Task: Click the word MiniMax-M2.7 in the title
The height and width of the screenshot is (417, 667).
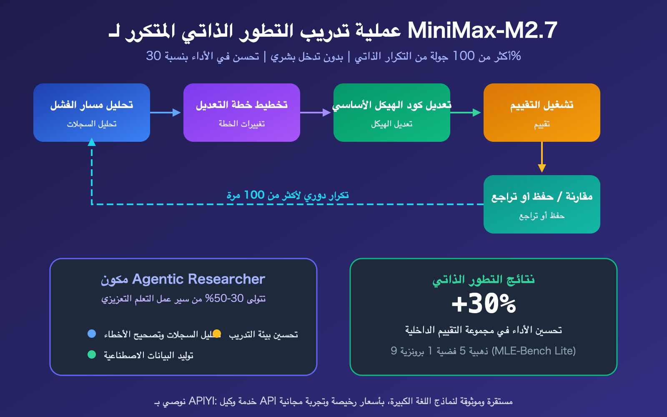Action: [x=482, y=30]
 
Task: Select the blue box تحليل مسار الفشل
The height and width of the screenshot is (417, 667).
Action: [x=92, y=113]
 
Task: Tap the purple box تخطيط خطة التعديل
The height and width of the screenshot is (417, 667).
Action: [x=242, y=113]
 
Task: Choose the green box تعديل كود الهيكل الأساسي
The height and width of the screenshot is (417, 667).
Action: [x=392, y=113]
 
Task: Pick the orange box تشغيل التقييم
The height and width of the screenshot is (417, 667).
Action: [x=542, y=113]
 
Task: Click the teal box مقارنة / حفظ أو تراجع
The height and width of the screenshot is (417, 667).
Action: [x=542, y=204]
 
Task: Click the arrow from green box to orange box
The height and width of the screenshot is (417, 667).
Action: [x=466, y=113]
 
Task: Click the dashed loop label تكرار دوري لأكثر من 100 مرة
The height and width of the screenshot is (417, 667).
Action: [x=288, y=195]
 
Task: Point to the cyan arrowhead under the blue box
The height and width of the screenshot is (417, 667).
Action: [x=92, y=142]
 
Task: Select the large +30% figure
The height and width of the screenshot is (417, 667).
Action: [x=484, y=304]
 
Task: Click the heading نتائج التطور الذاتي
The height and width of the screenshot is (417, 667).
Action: [x=484, y=279]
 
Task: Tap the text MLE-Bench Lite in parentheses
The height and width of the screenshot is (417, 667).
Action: [x=534, y=351]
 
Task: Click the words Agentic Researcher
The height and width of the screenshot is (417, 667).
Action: [x=198, y=279]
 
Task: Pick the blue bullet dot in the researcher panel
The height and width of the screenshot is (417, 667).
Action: [x=92, y=334]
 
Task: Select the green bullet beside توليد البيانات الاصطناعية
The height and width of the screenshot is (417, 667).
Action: [x=92, y=354]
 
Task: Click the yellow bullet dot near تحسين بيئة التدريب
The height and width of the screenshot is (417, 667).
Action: [x=217, y=334]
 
